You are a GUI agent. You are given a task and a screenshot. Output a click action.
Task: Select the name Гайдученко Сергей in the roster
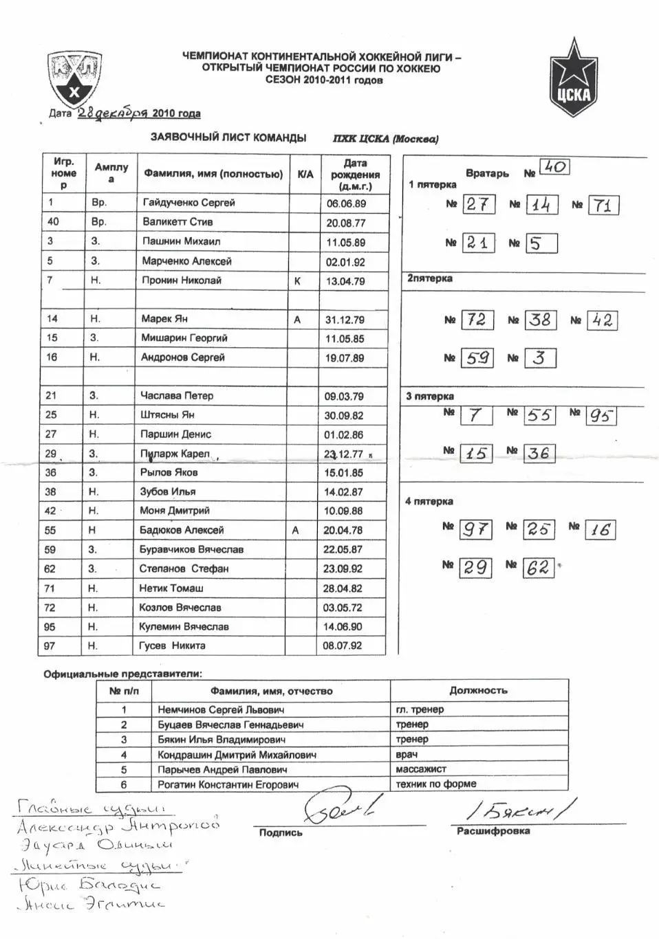tap(188, 203)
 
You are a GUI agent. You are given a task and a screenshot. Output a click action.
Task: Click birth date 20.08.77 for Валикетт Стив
tap(346, 223)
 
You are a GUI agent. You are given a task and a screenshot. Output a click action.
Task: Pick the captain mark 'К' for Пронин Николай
tap(297, 280)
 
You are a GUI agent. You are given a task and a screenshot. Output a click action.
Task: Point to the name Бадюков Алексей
tap(182, 530)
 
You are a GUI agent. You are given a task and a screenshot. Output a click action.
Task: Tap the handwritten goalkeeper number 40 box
tap(554, 166)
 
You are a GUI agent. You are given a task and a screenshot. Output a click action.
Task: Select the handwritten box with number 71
tap(603, 205)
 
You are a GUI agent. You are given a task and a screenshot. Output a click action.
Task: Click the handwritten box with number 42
tap(602, 320)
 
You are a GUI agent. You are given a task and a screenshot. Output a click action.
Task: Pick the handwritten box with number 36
tap(538, 453)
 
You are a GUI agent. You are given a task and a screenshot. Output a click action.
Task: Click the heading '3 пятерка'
tap(430, 396)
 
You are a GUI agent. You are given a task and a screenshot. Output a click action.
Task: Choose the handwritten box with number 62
tap(538, 567)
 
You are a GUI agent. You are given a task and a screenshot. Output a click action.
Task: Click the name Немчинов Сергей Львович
tap(221, 709)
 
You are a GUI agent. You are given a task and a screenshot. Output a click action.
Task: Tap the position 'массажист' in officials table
tap(421, 769)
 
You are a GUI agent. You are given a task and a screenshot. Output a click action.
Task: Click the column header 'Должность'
tap(478, 690)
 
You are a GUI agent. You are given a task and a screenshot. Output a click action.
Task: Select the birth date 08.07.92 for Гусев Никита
tap(343, 646)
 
